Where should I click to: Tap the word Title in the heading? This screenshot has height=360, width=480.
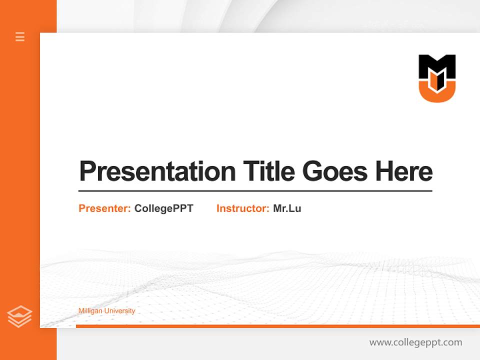pyautogui.click(x=268, y=171)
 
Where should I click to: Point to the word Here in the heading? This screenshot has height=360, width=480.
pyautogui.click(x=404, y=171)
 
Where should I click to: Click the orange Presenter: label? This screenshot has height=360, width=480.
pyautogui.click(x=104, y=208)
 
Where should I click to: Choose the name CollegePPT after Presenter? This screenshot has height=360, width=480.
pyautogui.click(x=163, y=208)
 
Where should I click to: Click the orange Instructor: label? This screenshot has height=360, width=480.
pyautogui.click(x=242, y=208)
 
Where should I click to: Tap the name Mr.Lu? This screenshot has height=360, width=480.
pyautogui.click(x=287, y=208)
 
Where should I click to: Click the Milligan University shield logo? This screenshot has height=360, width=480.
pyautogui.click(x=437, y=78)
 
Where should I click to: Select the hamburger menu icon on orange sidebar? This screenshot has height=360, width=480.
pyautogui.click(x=20, y=36)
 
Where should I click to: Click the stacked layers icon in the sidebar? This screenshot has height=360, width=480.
pyautogui.click(x=19, y=316)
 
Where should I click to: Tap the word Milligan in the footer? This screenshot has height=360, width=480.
pyautogui.click(x=89, y=311)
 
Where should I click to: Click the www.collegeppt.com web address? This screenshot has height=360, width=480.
pyautogui.click(x=415, y=342)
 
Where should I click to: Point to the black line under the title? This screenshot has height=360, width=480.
pyautogui.click(x=255, y=191)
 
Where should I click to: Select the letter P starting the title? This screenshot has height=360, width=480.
pyautogui.click(x=87, y=171)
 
